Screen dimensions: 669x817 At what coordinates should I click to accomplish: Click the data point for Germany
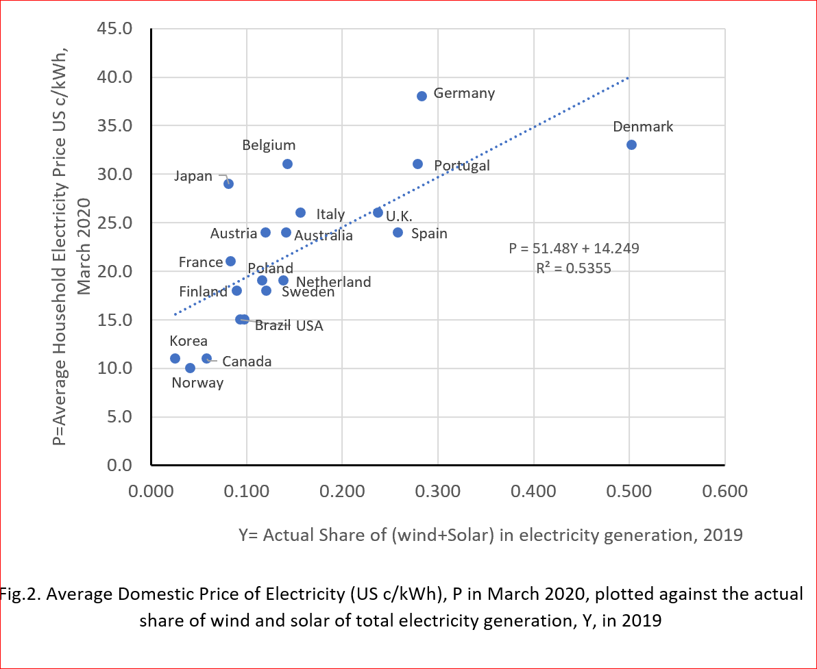click(x=422, y=96)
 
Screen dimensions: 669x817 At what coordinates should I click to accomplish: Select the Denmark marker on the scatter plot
click(x=631, y=144)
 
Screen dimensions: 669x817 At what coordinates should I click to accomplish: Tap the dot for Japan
click(x=228, y=184)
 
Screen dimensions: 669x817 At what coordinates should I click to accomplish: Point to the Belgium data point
click(x=287, y=164)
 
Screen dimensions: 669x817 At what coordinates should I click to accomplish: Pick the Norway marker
click(x=190, y=368)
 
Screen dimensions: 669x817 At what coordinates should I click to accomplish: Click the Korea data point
click(x=175, y=358)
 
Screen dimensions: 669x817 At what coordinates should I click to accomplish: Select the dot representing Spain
click(x=398, y=232)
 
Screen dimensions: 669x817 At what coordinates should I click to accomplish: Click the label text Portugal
click(x=462, y=166)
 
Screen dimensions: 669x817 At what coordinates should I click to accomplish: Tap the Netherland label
click(x=334, y=281)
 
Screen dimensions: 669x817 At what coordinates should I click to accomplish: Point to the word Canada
click(x=247, y=361)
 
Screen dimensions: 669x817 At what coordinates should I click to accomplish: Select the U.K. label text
click(x=399, y=216)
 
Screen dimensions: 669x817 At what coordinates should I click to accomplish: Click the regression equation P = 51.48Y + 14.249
click(x=574, y=248)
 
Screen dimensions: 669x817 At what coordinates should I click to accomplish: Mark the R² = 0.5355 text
click(x=574, y=268)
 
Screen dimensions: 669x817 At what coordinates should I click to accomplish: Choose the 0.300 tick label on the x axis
click(x=438, y=492)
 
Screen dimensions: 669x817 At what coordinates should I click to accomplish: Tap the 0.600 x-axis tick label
click(x=725, y=492)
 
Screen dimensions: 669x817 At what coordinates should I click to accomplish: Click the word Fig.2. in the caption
click(x=21, y=594)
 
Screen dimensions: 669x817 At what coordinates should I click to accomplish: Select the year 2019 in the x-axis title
click(x=723, y=535)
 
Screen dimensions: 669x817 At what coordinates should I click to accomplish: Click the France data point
click(x=230, y=261)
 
